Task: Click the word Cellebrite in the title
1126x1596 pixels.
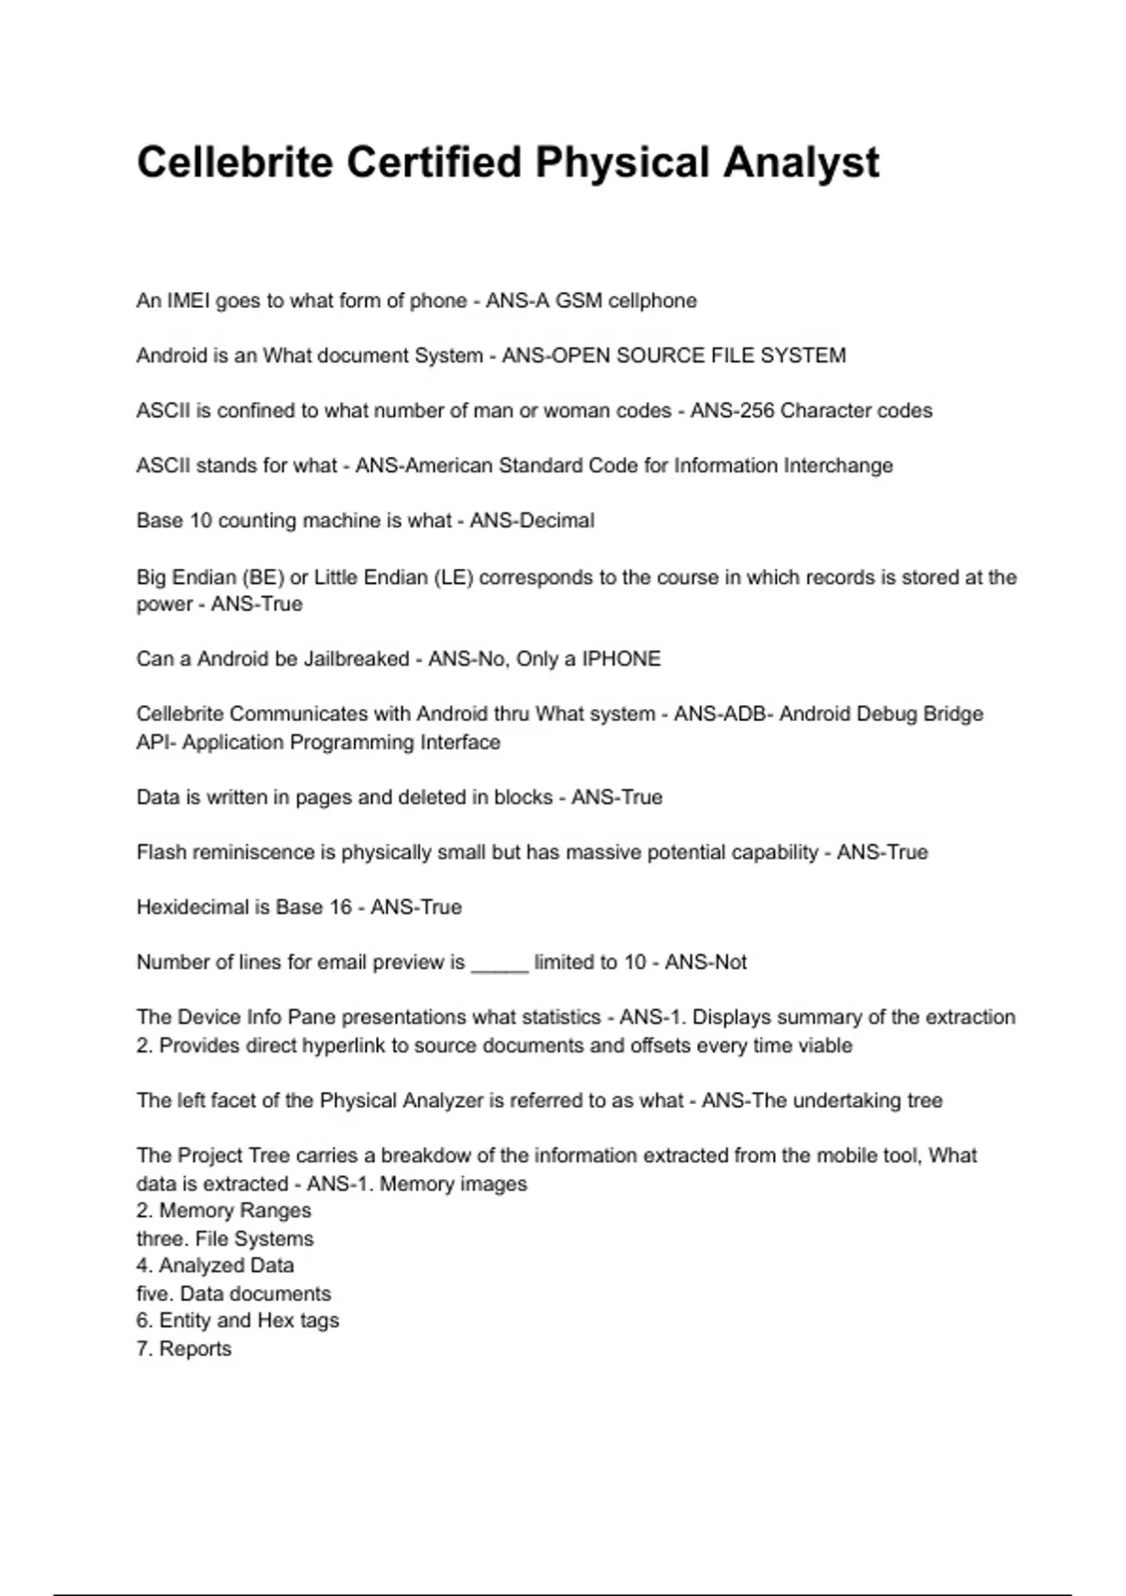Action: point(235,162)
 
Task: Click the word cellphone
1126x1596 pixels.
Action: point(652,300)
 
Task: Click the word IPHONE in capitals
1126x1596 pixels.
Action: point(621,659)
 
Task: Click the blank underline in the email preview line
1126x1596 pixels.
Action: point(499,964)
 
